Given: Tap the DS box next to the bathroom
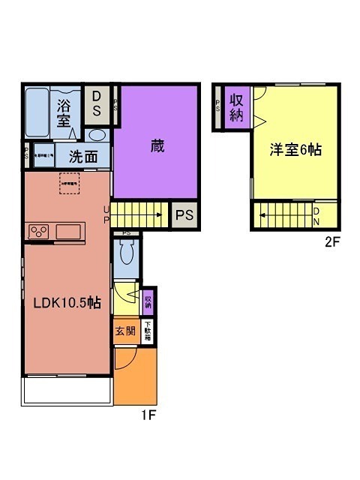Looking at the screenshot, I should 97,104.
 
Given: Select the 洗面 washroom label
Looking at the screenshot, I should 84,157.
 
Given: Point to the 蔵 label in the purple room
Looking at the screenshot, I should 157,145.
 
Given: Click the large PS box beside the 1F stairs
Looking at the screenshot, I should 184,215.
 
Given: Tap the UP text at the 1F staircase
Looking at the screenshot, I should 106,214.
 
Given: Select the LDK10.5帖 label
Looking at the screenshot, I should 66,303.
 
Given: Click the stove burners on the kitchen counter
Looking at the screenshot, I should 38,232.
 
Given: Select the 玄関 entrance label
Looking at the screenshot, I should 125,331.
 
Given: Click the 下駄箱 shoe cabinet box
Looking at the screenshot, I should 148,331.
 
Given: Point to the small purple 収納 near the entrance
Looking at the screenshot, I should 148,301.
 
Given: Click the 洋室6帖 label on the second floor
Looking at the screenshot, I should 295,149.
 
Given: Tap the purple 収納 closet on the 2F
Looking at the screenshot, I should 236,108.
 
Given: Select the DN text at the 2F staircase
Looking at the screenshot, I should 316,216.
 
